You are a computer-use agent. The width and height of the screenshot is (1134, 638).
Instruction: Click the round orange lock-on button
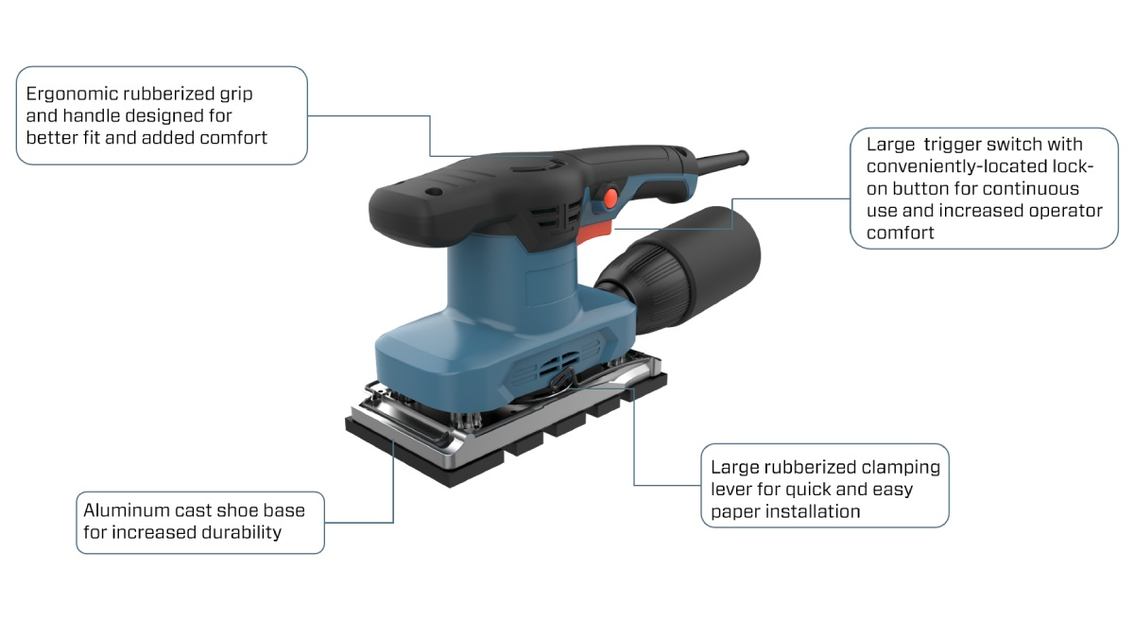coord(611,198)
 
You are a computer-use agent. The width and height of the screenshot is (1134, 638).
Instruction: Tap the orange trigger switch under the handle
coord(595,233)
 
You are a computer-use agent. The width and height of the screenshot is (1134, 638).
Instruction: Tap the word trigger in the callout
coord(953,145)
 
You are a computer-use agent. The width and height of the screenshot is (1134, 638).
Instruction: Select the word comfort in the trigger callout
coord(900,233)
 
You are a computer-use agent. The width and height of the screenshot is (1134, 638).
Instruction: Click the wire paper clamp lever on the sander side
coord(564,381)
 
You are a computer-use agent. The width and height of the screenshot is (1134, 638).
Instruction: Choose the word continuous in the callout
coord(1028,189)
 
